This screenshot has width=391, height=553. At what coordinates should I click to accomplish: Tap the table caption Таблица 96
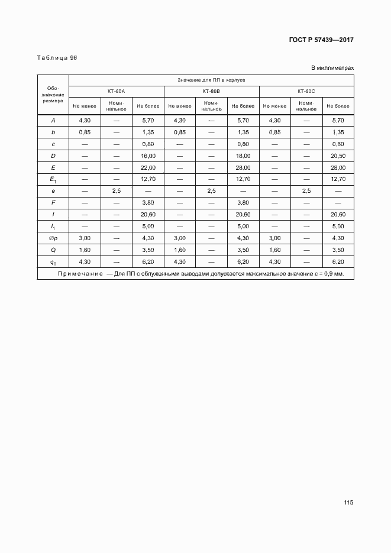point(57,58)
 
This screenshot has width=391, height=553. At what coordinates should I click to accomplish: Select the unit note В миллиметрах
point(332,68)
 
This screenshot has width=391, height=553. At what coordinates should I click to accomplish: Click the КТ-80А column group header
point(116,92)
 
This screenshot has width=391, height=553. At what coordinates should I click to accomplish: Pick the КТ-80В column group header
point(211,92)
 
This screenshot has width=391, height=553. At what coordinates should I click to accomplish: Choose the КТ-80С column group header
point(306,92)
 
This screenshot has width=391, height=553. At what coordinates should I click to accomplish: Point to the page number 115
point(348,503)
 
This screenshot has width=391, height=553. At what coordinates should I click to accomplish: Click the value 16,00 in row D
point(148,156)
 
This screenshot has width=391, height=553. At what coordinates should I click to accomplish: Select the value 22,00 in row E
point(148,167)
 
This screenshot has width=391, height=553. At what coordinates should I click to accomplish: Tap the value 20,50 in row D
point(338,156)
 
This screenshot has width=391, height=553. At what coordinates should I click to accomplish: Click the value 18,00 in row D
point(243,156)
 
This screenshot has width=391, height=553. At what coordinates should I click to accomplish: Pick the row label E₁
point(53,179)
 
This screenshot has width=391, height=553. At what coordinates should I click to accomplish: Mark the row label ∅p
point(53,238)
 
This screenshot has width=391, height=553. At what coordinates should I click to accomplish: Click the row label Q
point(53,250)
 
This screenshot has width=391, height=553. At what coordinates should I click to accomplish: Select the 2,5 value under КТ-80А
point(116,191)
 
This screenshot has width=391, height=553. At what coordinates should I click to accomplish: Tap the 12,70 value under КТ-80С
point(338,179)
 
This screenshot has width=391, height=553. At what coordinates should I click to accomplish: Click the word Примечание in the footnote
point(80,273)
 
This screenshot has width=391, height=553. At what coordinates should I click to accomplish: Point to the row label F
point(53,203)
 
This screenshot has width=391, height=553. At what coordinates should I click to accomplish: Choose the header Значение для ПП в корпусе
point(211,79)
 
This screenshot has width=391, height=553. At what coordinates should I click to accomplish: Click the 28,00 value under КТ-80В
point(243,167)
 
